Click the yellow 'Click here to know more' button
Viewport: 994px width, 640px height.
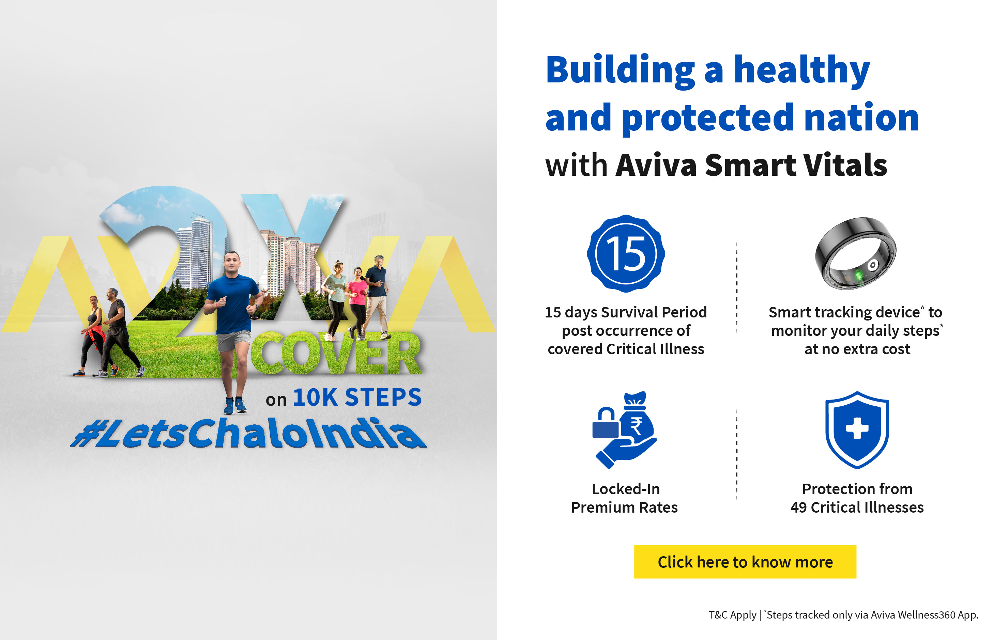[x=745, y=562]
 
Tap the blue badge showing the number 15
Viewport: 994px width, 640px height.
[x=626, y=253]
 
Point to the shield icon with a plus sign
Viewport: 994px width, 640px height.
[x=857, y=430]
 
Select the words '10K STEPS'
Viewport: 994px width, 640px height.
[x=357, y=397]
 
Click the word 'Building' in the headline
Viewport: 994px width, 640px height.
[x=620, y=70]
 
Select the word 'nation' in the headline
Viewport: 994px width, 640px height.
[x=861, y=118]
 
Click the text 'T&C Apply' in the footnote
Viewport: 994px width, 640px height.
[x=732, y=615]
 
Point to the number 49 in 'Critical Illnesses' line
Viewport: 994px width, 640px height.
[x=798, y=508]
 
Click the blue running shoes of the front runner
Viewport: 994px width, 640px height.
[x=235, y=406]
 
